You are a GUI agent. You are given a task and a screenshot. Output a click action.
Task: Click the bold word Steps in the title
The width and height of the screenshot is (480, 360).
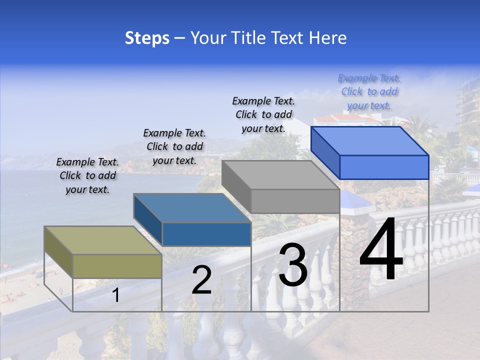coord(147,38)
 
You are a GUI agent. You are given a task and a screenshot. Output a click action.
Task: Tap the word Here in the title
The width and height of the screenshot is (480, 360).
coord(327,38)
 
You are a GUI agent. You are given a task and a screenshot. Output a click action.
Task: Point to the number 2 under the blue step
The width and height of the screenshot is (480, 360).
coord(201,280)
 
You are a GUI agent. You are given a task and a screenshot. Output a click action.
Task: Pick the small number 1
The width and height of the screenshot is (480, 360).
coord(115,295)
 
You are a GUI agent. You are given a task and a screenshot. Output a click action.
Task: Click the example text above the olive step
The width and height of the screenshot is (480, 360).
coord(87,175)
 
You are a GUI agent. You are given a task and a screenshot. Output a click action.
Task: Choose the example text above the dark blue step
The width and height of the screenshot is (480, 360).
coord(174,146)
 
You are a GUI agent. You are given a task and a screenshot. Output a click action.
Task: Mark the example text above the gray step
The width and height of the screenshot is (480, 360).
coord(263,114)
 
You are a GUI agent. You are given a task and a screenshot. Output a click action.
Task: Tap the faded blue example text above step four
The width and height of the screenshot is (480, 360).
coord(369,91)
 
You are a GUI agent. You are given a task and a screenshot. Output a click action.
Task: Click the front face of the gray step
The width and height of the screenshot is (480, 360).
coord(295,201)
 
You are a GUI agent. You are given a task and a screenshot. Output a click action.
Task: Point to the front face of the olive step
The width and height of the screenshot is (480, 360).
coord(117,266)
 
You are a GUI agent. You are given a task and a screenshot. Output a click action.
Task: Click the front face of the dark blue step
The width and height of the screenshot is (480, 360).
coord(206,234)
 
